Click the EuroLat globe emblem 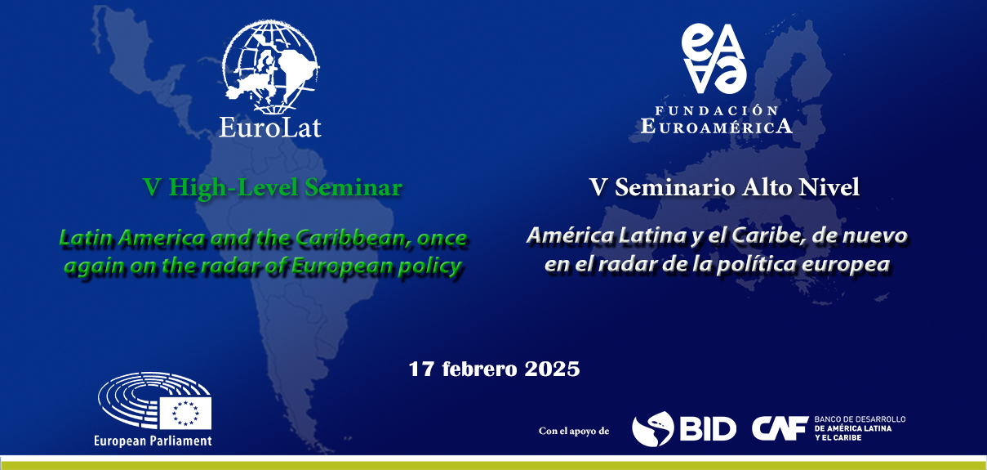coord(270,66)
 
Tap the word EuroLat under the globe coord(270,128)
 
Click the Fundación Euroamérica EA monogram coord(714,58)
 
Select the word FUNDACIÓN coord(717,110)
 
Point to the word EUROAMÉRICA coord(717,126)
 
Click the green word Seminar coord(353,187)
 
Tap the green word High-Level coord(233,188)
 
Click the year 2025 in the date coord(552,369)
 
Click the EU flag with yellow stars coord(185,413)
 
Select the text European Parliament coord(153,441)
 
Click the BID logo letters coord(708,428)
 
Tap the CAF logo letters coord(780,428)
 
